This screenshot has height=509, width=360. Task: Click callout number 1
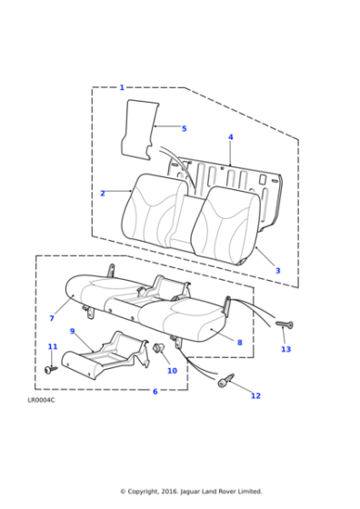click(x=122, y=87)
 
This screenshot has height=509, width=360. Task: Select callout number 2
click(x=102, y=193)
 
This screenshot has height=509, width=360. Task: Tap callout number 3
click(x=277, y=270)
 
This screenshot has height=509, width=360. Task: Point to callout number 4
click(x=230, y=137)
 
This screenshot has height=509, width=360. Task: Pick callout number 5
click(x=184, y=128)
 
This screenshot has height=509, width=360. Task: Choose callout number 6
click(x=155, y=391)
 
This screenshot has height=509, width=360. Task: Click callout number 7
click(x=52, y=318)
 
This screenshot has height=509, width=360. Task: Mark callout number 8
click(x=239, y=343)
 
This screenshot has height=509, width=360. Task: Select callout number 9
click(x=72, y=331)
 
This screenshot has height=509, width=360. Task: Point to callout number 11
click(x=52, y=346)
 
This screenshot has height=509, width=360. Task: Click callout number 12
click(x=255, y=395)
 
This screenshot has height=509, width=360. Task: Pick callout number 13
click(x=285, y=349)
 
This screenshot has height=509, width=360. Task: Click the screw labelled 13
click(x=283, y=324)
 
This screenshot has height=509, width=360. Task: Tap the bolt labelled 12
click(x=225, y=381)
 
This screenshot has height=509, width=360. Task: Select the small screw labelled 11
click(x=49, y=369)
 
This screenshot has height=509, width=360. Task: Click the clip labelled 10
click(x=159, y=348)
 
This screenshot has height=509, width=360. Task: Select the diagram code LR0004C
click(x=42, y=399)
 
